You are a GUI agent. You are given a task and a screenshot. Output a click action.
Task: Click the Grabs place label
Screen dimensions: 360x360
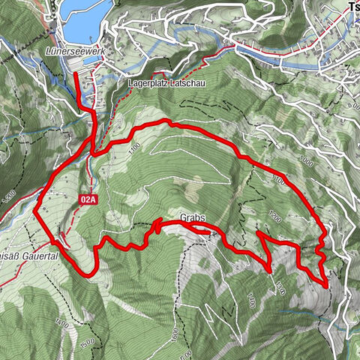coord(193,219)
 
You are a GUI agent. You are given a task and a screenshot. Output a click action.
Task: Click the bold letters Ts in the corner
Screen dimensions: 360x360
coord(353,6)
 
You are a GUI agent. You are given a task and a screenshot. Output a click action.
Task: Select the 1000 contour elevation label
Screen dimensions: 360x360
coord(305,160)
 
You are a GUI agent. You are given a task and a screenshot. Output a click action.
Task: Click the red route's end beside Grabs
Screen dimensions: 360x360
coord(208,233)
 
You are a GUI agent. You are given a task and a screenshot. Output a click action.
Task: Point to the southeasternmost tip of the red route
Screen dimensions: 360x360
coord(327,286)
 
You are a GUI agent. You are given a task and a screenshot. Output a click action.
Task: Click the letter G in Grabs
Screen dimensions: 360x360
coord(184,219)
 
